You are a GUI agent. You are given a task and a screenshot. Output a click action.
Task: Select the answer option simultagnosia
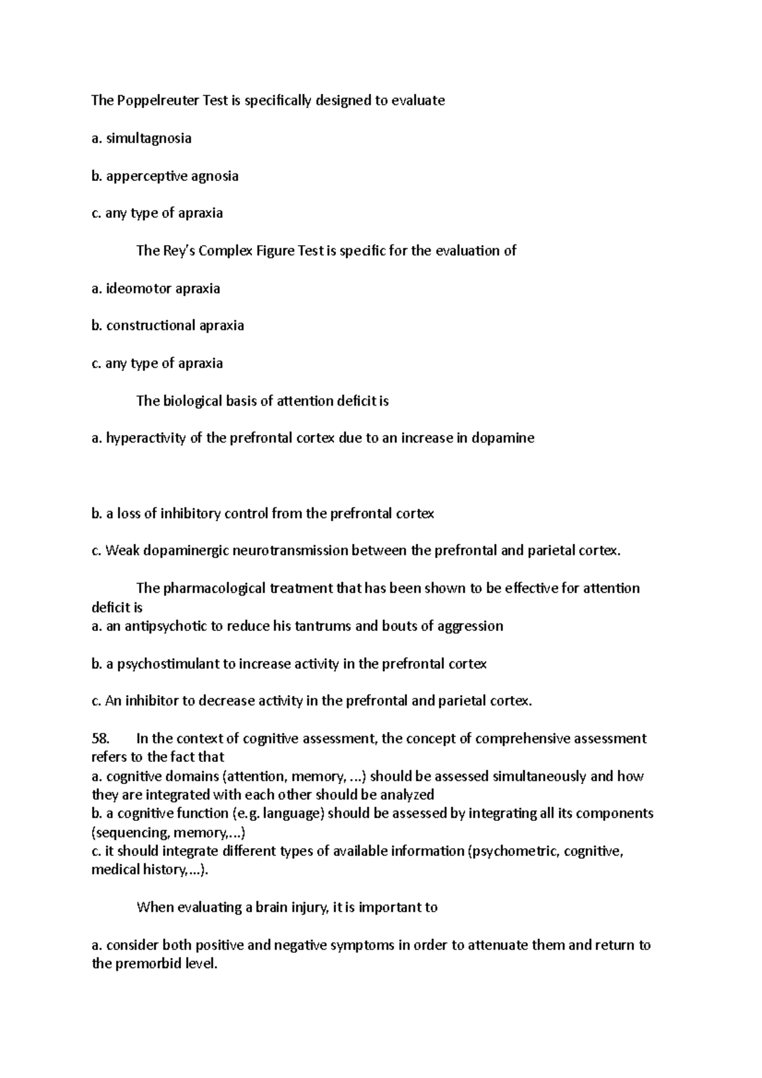(x=149, y=138)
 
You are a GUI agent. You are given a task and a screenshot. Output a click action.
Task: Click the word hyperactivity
(x=146, y=438)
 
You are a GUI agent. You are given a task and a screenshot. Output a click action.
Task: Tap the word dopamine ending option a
(x=503, y=438)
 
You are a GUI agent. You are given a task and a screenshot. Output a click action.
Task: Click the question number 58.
(x=101, y=738)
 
